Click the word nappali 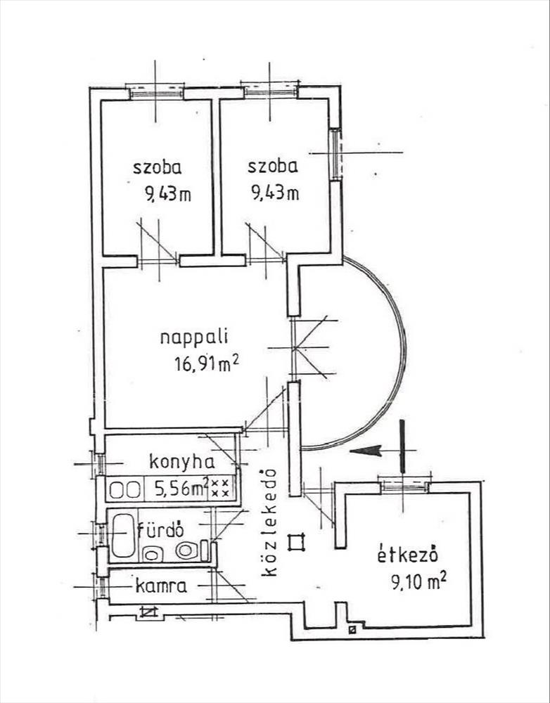point(187,336)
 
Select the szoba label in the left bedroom point(158,167)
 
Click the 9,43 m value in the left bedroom point(168,193)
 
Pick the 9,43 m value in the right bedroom point(275,192)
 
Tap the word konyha point(181,462)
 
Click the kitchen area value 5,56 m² point(175,488)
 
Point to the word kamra point(161,585)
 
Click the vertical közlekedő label point(270,524)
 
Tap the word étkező point(409,555)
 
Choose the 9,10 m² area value point(420,581)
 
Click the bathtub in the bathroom point(122,536)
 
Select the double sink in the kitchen point(126,489)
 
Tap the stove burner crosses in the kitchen point(220,488)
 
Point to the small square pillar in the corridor point(298,541)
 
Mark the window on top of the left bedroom point(155,91)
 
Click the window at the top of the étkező point(403,484)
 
